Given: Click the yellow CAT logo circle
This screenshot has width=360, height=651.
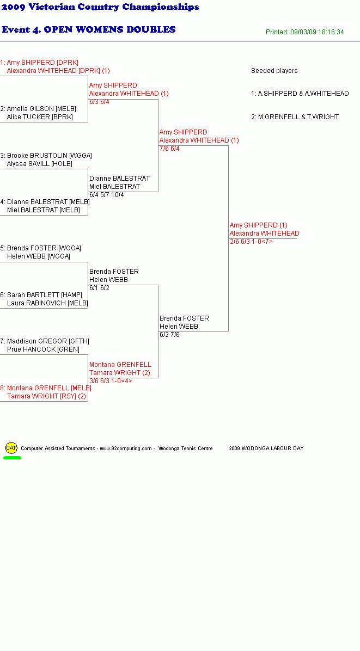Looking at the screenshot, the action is tap(11, 448).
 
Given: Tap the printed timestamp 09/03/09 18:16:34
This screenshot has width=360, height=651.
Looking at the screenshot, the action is tap(317, 32).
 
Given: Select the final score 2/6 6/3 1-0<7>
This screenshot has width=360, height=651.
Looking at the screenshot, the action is tap(251, 242).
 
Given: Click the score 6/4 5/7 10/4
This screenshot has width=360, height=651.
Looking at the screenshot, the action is tap(106, 195).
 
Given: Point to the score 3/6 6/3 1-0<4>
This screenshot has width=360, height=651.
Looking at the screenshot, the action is tap(111, 380).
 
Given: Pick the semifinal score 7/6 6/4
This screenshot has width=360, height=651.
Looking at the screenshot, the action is tap(169, 149).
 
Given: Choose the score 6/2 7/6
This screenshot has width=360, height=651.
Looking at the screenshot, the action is tap(169, 335).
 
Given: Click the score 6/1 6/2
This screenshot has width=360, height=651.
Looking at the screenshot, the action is tap(99, 288).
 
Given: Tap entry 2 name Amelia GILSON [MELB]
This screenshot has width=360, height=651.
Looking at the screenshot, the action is tap(41, 109).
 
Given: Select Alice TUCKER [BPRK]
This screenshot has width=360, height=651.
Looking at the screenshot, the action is tap(40, 117).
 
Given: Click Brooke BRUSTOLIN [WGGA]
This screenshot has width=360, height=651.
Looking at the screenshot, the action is tap(50, 156).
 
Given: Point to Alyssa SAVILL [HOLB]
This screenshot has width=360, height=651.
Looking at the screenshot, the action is tap(39, 164).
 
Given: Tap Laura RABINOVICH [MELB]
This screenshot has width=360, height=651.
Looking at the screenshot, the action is tap(47, 303).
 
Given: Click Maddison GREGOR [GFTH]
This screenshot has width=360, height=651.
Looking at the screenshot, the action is tap(48, 341).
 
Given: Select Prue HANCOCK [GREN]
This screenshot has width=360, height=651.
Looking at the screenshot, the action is tap(43, 349).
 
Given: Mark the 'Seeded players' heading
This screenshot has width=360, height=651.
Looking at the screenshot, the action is tap(274, 71).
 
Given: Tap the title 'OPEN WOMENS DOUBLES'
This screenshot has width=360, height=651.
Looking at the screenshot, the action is tap(109, 29).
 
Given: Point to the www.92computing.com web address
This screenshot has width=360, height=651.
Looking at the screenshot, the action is tap(126, 449).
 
